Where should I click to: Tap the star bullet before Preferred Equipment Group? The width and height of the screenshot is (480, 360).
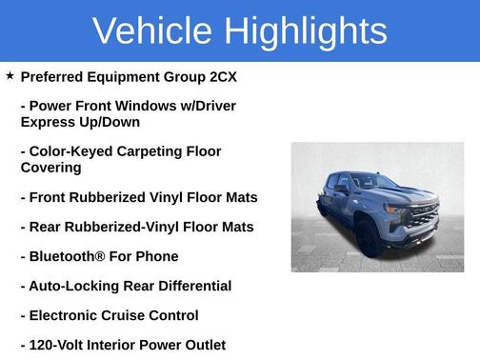tap(10, 75)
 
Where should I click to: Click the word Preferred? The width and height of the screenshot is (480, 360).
tap(55, 76)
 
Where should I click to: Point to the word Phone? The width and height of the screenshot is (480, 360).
tap(157, 256)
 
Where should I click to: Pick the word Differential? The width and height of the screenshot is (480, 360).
tap(194, 286)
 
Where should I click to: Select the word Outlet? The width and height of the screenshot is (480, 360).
tap(202, 345)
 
